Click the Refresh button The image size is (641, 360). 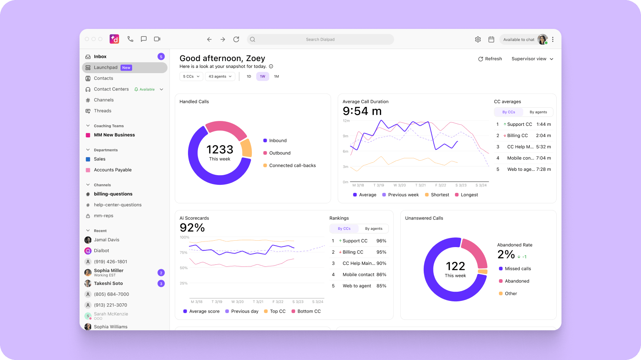[490, 59]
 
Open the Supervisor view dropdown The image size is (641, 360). [532, 59]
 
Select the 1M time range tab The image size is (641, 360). [276, 76]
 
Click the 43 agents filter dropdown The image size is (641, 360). [220, 76]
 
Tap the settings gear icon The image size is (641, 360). [478, 39]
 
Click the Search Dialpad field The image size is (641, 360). [320, 39]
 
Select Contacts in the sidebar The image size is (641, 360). [104, 78]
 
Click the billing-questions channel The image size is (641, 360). [113, 194]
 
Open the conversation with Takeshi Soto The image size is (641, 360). [108, 283]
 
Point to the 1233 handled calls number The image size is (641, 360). [220, 149]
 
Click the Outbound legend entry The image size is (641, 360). [280, 153]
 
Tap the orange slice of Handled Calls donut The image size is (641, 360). [246, 148]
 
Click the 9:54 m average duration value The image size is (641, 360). [362, 111]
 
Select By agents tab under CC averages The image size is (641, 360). [538, 112]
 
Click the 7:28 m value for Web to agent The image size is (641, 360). [543, 169]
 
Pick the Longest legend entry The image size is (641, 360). [469, 195]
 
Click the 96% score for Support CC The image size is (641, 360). [381, 241]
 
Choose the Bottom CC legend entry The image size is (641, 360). [308, 311]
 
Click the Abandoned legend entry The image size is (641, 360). [516, 281]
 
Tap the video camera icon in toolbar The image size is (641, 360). [157, 39]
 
